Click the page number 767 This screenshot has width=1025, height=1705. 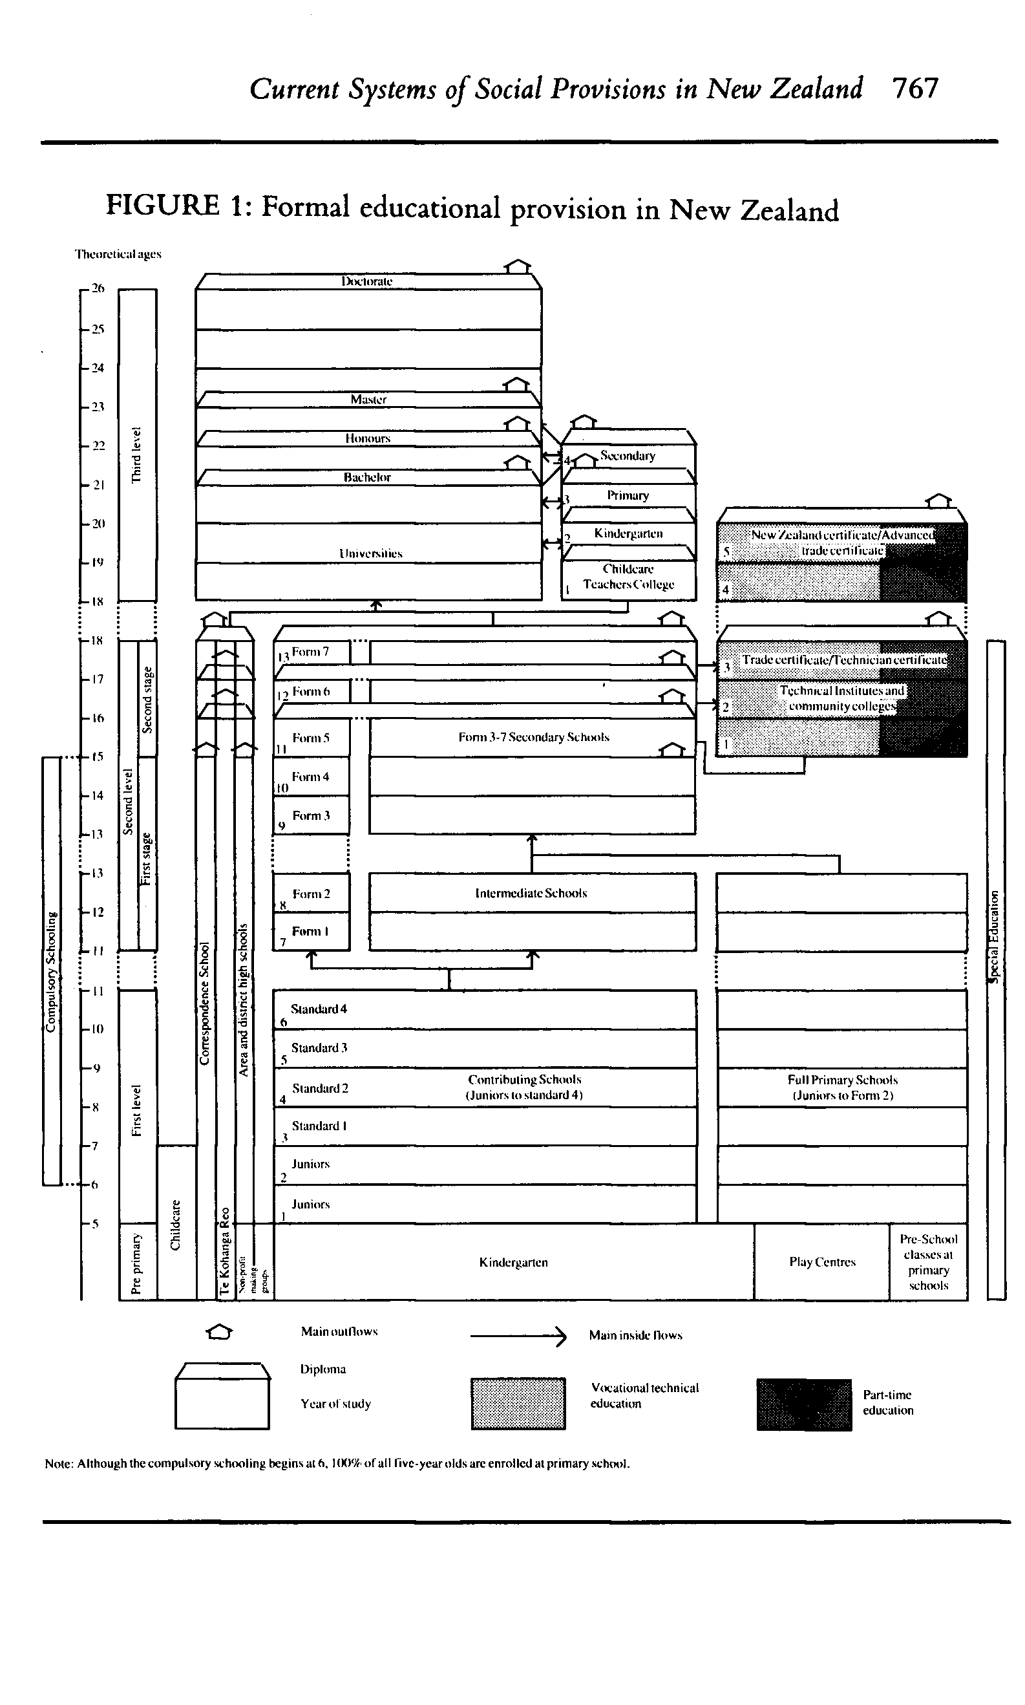click(x=915, y=89)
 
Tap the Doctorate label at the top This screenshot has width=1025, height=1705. click(x=366, y=281)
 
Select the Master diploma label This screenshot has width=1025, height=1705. click(x=368, y=400)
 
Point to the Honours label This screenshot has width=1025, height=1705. click(x=368, y=438)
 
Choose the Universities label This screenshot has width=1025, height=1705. click(x=370, y=553)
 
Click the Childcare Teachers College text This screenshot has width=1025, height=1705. click(x=628, y=577)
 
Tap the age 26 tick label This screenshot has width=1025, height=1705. click(x=98, y=288)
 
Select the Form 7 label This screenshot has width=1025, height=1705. click(x=310, y=652)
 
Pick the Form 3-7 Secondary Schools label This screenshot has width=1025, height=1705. click(x=533, y=737)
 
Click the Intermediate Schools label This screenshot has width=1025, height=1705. click(x=531, y=894)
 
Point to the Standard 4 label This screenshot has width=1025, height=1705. click(x=319, y=1009)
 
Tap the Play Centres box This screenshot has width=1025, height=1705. click(x=822, y=1262)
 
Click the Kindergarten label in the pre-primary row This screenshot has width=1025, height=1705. click(x=513, y=1262)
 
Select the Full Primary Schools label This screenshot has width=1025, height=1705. click(x=842, y=1088)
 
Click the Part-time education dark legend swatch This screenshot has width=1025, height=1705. click(x=804, y=1404)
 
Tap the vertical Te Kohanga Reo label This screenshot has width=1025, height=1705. click(x=224, y=1251)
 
